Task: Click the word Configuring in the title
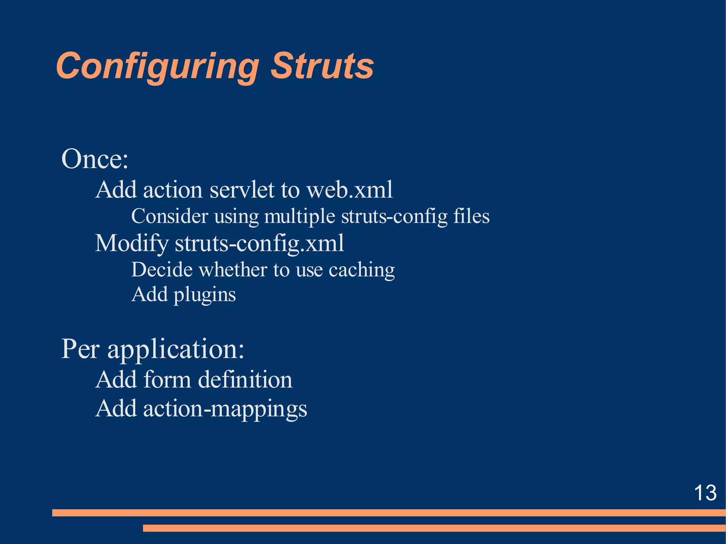click(157, 67)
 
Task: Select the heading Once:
click(95, 159)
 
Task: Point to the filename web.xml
click(350, 190)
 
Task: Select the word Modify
click(132, 244)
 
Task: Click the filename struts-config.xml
click(259, 244)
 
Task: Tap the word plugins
click(205, 295)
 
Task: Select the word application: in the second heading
click(176, 349)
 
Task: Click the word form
click(168, 380)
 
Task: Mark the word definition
click(245, 380)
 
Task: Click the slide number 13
click(705, 493)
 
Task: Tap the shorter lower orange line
click(434, 528)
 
